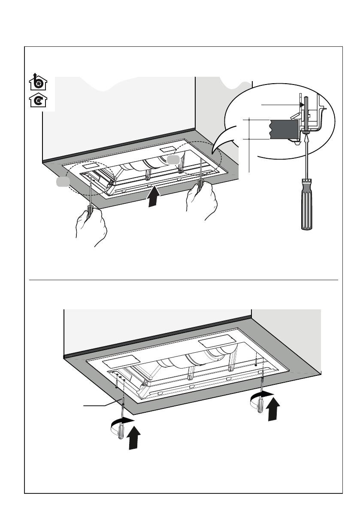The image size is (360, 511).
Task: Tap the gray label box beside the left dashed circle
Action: pyautogui.click(x=62, y=183)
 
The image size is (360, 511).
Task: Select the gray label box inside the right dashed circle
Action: pyautogui.click(x=172, y=160)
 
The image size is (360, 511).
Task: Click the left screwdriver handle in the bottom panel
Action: pyautogui.click(x=121, y=429)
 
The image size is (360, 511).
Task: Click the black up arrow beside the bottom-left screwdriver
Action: pyautogui.click(x=135, y=438)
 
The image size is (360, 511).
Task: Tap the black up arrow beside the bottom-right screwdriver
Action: pyautogui.click(x=273, y=410)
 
